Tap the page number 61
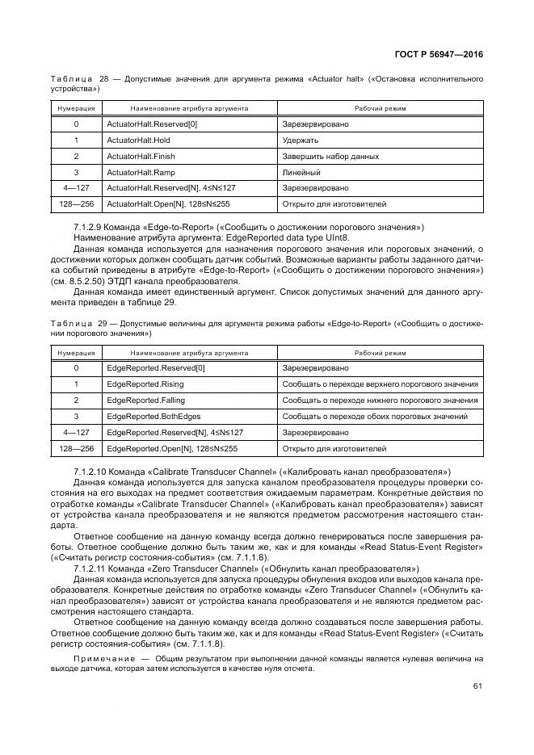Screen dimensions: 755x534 coord(477,687)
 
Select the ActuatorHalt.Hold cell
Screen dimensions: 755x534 coord(138,140)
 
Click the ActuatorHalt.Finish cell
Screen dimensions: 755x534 coord(141,156)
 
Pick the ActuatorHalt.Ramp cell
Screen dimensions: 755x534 coord(141,172)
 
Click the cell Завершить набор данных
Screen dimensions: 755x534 coord(330,156)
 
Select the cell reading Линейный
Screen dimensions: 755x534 coord(301,172)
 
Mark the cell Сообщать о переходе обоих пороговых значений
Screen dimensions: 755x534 coord(374,417)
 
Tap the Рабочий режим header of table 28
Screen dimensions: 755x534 coord(380,107)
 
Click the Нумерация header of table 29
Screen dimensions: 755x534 coord(76,353)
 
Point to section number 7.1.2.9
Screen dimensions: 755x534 coord(90,229)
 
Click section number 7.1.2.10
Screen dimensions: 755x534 coord(93,471)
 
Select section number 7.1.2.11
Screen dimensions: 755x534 coord(93,568)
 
